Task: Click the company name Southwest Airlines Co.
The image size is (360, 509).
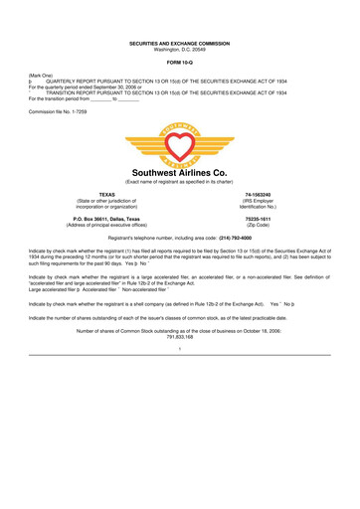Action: pyautogui.click(x=180, y=184)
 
